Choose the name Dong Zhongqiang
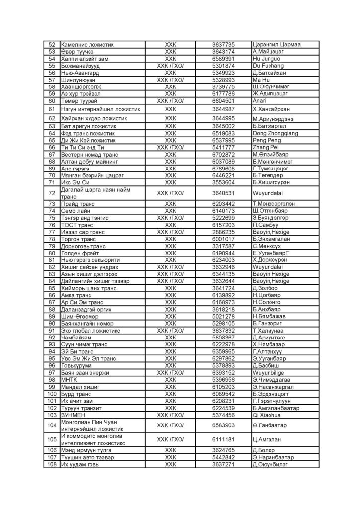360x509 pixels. (275, 133)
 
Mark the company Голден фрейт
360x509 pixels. (81, 253)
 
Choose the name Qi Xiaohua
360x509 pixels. (269, 414)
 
